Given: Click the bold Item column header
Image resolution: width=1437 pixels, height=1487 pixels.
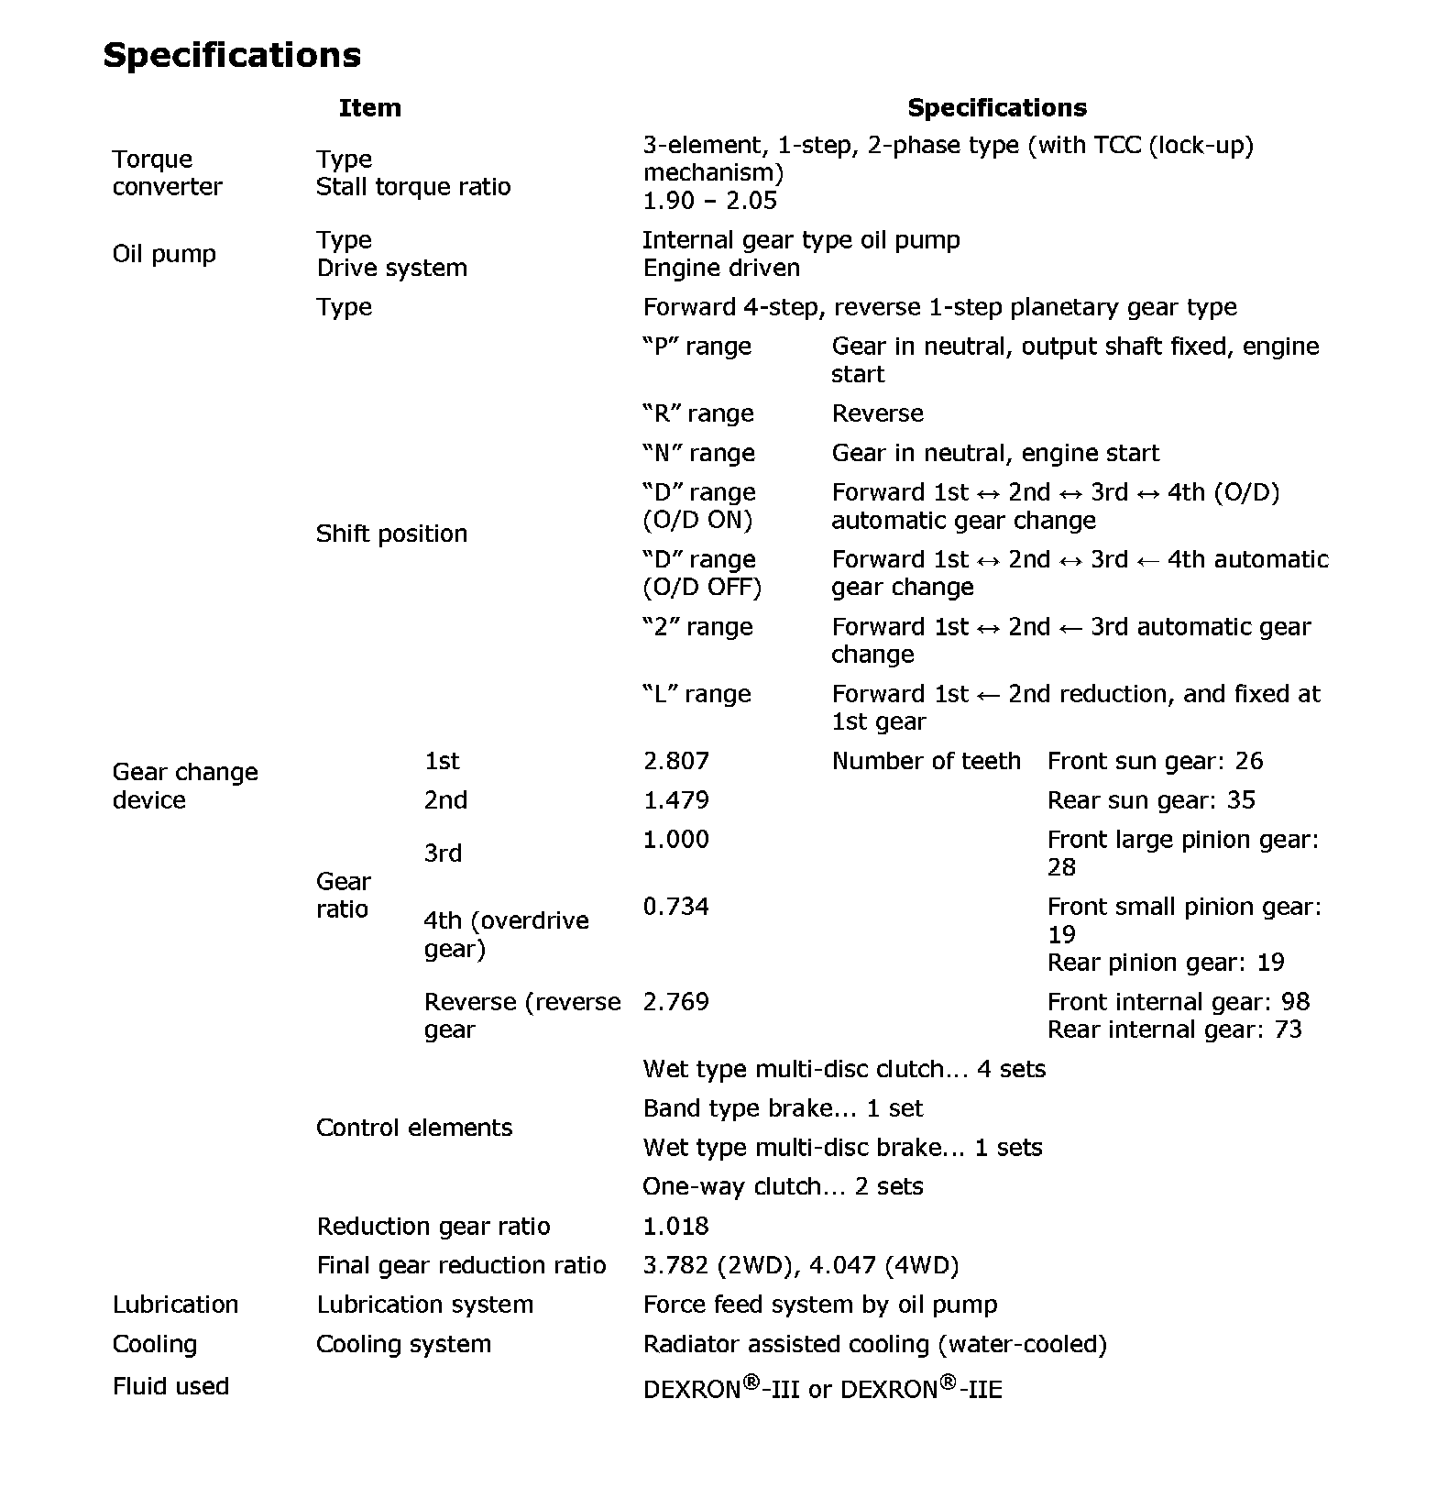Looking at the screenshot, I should pos(369,108).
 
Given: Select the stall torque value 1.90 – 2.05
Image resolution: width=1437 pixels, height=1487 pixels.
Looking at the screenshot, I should pos(709,201).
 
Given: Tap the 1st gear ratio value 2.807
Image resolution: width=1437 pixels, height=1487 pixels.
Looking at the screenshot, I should pos(675,761).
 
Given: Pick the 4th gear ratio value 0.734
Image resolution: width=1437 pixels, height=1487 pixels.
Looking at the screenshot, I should pos(675,907).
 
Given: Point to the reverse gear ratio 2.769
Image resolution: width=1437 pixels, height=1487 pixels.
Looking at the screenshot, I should pos(675,1001).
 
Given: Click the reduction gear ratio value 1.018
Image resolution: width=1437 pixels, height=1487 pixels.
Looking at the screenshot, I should pos(675,1226).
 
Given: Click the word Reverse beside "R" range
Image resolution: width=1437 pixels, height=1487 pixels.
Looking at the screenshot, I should pos(877,413).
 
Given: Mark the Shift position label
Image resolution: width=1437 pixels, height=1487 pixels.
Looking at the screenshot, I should pos(391,534).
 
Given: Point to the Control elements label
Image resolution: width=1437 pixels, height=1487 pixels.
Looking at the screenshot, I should pos(413,1128).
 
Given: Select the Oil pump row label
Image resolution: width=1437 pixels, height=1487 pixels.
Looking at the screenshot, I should pos(164,254).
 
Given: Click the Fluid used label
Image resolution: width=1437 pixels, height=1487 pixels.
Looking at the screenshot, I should pos(170,1386).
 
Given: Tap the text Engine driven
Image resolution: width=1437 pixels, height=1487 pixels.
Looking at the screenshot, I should pos(721,268).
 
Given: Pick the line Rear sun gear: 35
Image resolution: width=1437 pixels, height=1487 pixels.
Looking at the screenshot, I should pos(1150,800).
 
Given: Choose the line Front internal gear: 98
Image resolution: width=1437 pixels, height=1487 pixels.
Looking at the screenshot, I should pos(1178,1001).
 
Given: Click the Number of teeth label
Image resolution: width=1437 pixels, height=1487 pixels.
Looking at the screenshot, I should pos(926,761).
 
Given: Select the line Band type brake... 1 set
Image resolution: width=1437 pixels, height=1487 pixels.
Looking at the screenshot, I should pos(783,1108).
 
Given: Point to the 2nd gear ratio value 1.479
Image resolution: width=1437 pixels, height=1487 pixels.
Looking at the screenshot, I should pos(675,800).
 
